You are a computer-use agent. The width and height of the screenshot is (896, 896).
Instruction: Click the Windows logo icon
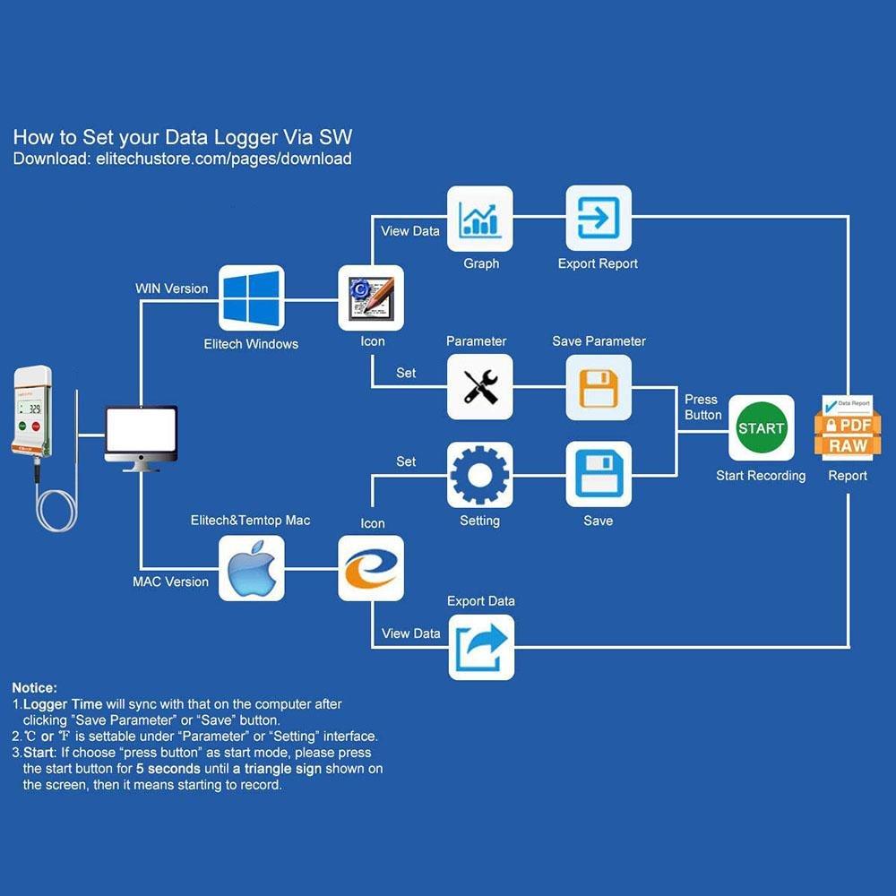pyautogui.click(x=252, y=298)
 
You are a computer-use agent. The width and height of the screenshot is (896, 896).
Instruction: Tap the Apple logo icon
pyautogui.click(x=252, y=568)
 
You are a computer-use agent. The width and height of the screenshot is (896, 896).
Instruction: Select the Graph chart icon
pyautogui.click(x=480, y=219)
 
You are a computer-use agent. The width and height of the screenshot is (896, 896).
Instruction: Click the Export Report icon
pyautogui.click(x=599, y=219)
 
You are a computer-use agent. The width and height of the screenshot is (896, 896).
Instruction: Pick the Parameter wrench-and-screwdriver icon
pyautogui.click(x=480, y=387)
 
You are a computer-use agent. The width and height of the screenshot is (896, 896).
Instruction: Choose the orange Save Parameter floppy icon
pyautogui.click(x=599, y=387)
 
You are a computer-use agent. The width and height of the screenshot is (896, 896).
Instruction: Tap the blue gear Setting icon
pyautogui.click(x=480, y=475)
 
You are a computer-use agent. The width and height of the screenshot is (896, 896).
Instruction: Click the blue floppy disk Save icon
pyautogui.click(x=599, y=475)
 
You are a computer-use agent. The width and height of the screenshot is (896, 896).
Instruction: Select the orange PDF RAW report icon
pyautogui.click(x=848, y=427)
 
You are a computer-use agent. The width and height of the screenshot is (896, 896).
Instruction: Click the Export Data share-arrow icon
pyautogui.click(x=481, y=647)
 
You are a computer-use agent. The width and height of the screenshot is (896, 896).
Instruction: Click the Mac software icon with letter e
pyautogui.click(x=370, y=568)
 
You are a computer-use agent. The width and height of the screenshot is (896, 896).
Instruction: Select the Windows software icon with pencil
pyautogui.click(x=370, y=298)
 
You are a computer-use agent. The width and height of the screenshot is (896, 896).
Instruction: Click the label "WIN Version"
pyautogui.click(x=171, y=289)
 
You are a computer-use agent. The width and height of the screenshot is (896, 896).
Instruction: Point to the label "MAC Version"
pyautogui.click(x=170, y=582)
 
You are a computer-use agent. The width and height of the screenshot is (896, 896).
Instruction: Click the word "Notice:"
pyautogui.click(x=34, y=688)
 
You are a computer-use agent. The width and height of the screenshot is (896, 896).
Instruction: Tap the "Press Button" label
pyautogui.click(x=702, y=407)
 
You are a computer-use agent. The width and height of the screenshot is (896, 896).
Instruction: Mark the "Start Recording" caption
pyautogui.click(x=761, y=476)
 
